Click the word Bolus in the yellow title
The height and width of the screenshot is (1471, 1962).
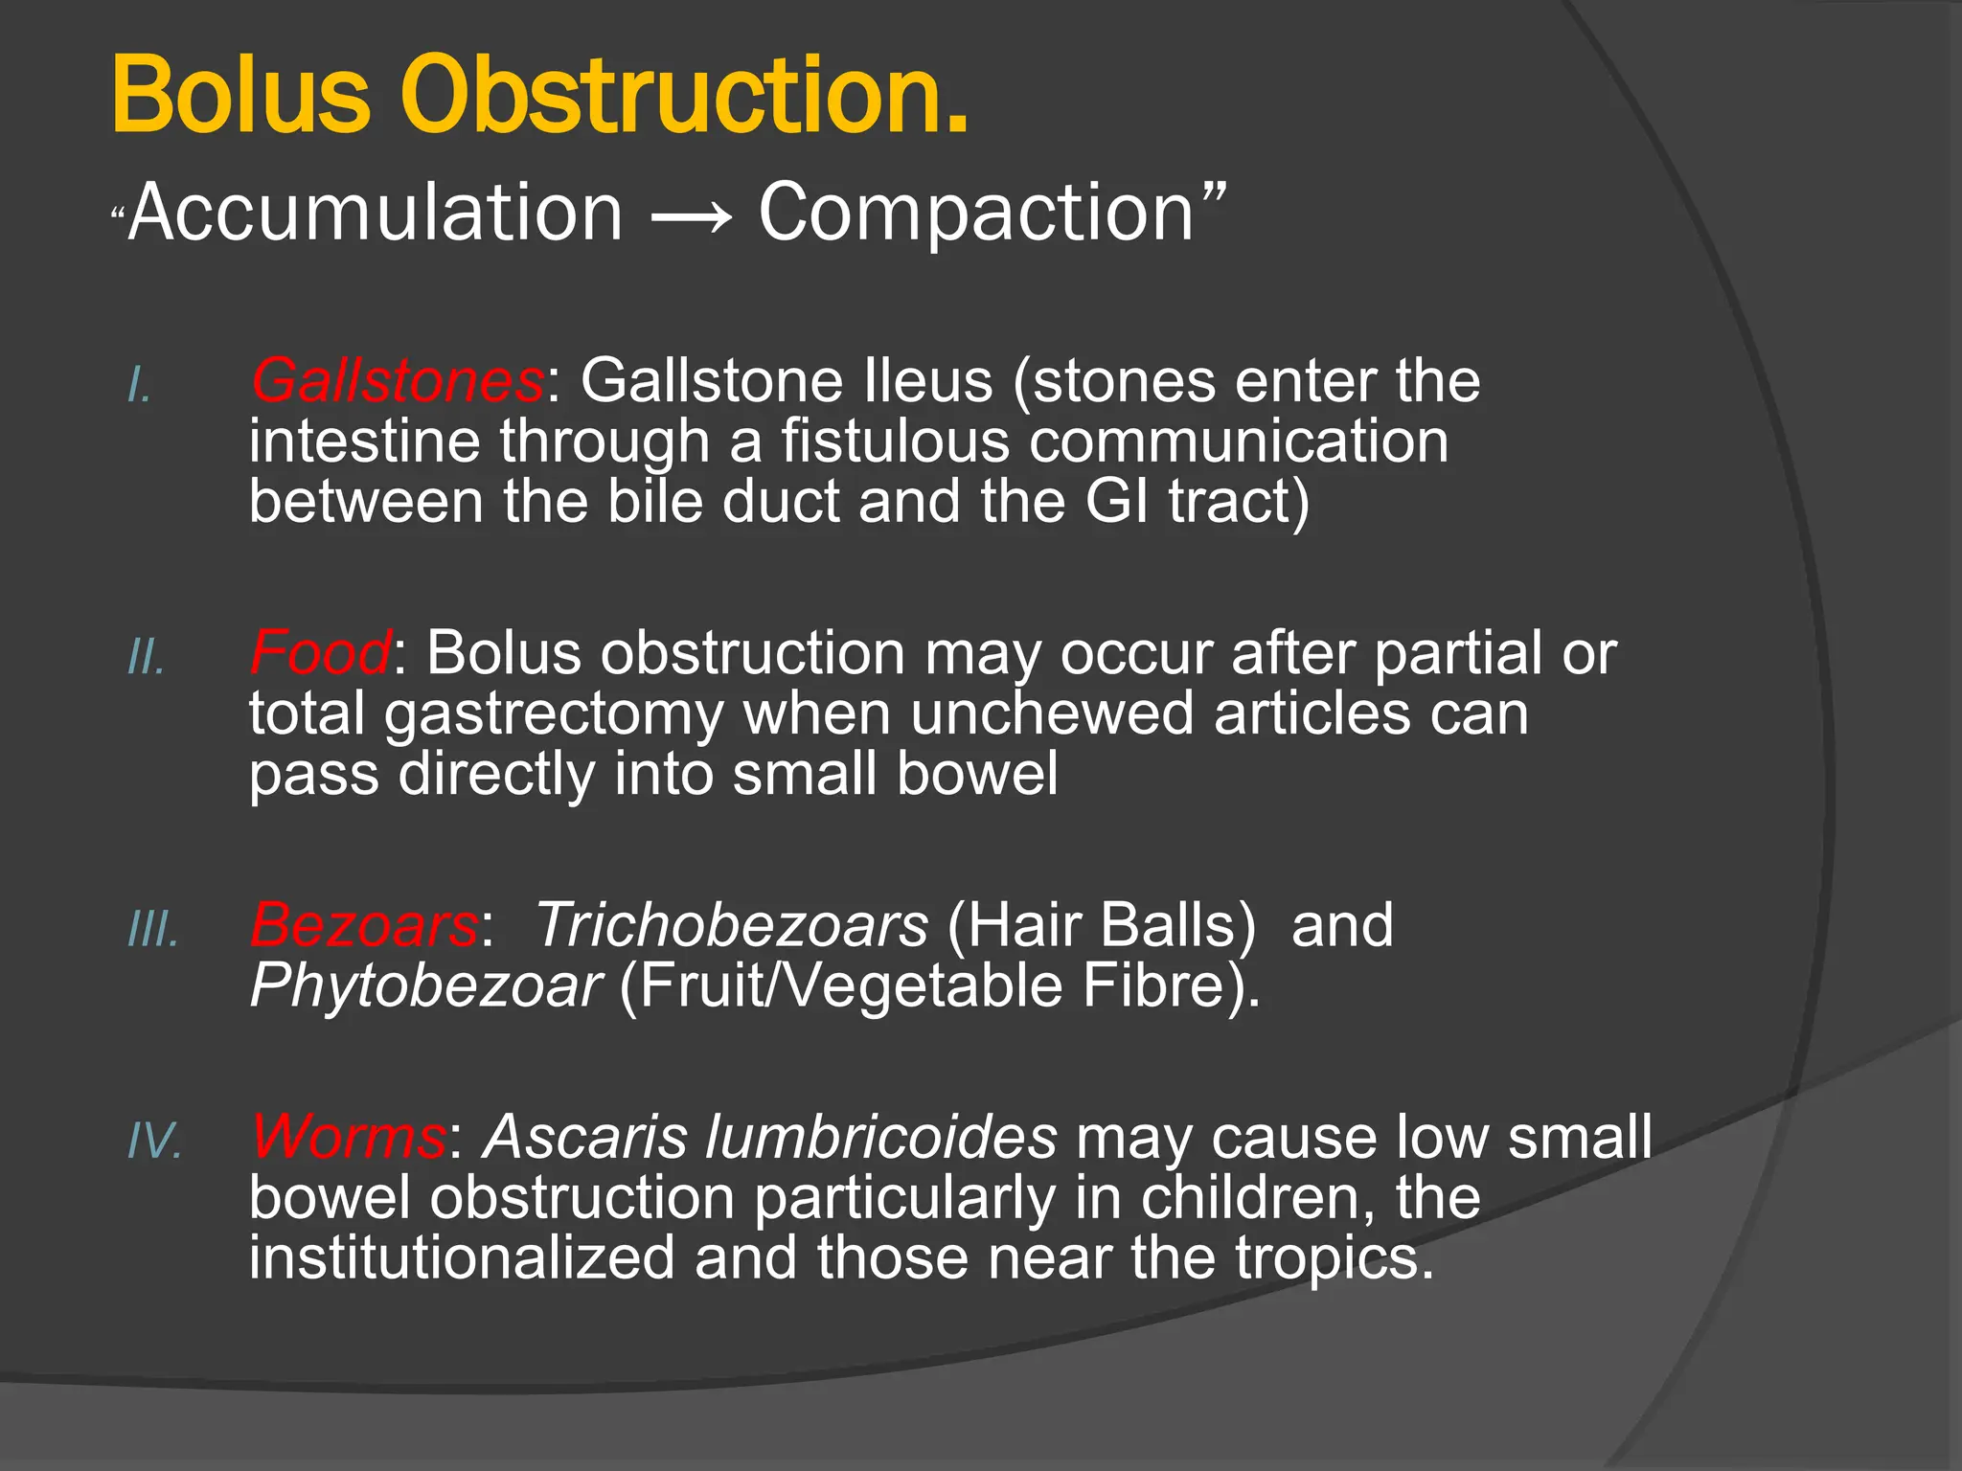point(240,96)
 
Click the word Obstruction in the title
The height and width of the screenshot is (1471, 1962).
point(685,96)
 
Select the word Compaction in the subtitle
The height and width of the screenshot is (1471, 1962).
point(977,213)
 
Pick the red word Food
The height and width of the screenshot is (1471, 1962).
point(320,654)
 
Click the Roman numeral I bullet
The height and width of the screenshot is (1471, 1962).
point(140,387)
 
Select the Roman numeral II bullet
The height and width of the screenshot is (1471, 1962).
point(147,659)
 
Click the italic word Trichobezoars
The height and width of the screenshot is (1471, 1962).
point(731,926)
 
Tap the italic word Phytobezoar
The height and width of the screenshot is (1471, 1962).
point(425,986)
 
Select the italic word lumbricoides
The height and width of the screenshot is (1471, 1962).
point(880,1138)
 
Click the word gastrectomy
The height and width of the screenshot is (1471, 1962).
point(555,715)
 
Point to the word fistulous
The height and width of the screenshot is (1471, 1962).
point(895,442)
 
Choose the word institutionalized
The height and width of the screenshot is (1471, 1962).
point(462,1258)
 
